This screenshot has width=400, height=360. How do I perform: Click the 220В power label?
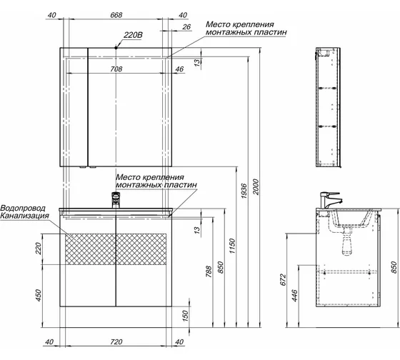pyautogui.click(x=133, y=35)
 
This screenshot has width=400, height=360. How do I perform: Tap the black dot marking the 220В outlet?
pyautogui.click(x=116, y=47)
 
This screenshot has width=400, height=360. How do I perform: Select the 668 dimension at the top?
pyautogui.click(x=116, y=15)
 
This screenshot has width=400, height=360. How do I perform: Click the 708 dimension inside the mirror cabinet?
pyautogui.click(x=116, y=69)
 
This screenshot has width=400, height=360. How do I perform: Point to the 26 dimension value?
pyautogui.click(x=186, y=27)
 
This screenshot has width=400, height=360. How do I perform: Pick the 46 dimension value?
pyautogui.click(x=179, y=69)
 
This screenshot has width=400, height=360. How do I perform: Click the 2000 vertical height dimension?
pyautogui.click(x=256, y=187)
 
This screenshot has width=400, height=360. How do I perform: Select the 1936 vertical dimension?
pyautogui.click(x=244, y=191)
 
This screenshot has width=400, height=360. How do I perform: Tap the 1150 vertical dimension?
pyautogui.click(x=232, y=246)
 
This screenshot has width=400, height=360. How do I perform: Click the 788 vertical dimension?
pyautogui.click(x=209, y=271)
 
